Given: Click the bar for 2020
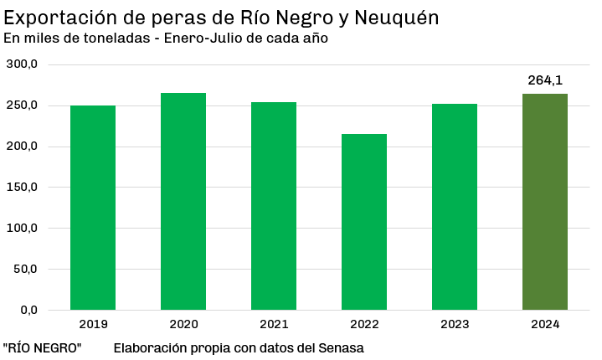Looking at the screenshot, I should (183, 202).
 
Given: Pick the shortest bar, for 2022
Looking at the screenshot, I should (364, 222).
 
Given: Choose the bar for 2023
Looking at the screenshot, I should (455, 207).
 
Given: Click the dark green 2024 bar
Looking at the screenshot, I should (545, 202).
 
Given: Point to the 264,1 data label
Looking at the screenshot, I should (545, 80).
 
